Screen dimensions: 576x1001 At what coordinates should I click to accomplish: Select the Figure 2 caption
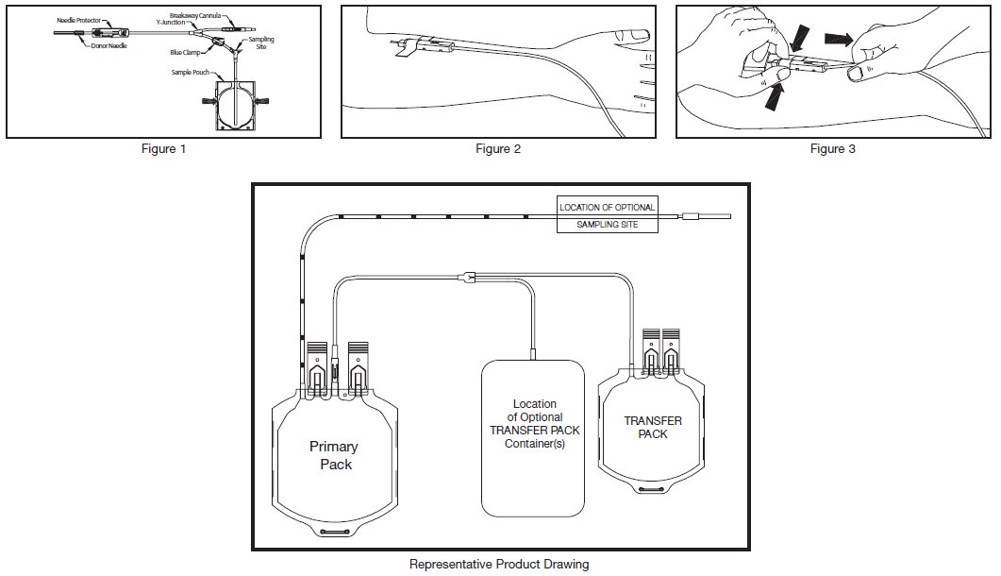coord(497,149)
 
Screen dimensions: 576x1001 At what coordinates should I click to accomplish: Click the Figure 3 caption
coord(833,149)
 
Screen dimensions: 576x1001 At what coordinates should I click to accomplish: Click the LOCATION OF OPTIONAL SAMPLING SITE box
coord(607,216)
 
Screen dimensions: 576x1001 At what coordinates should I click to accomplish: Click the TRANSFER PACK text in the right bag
coord(653,427)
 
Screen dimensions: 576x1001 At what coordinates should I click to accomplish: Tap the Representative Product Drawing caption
coord(499,565)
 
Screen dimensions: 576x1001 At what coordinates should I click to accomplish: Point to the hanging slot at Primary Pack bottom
coord(335,534)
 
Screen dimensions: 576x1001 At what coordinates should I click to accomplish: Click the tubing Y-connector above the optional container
coord(465,277)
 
